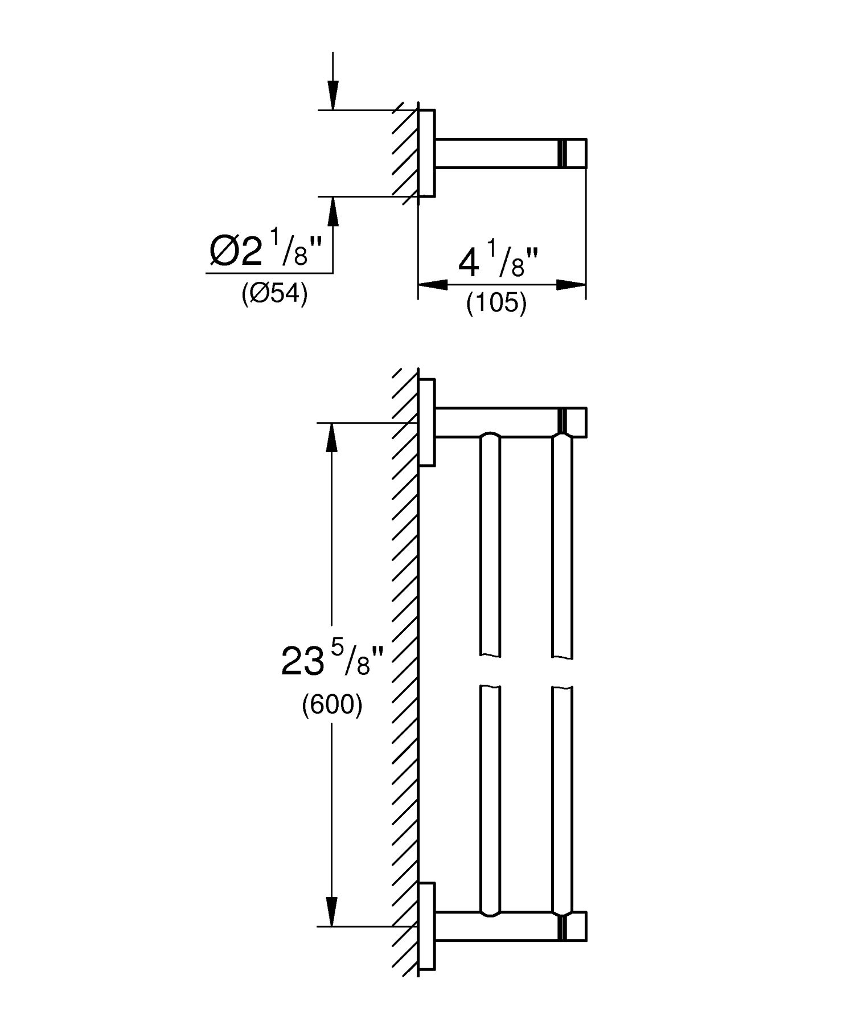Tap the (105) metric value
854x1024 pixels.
[x=496, y=303]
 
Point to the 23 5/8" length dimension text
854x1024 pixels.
[x=334, y=662]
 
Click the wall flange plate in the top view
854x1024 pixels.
[x=427, y=152]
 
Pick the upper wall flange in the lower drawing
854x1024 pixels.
[x=427, y=422]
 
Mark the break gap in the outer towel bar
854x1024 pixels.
[x=563, y=672]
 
